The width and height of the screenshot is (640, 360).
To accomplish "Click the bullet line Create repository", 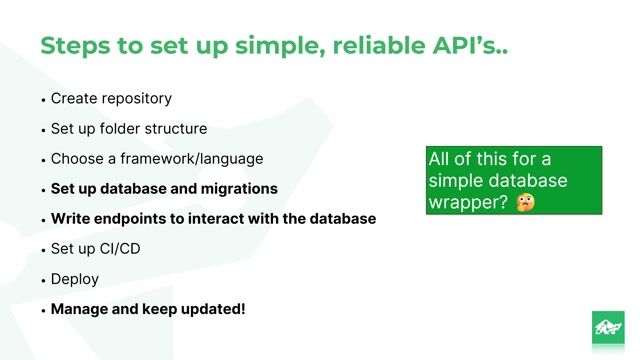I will [111, 99].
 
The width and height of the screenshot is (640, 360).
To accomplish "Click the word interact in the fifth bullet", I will [212, 219].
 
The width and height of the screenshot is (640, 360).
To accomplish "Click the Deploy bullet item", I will [75, 279].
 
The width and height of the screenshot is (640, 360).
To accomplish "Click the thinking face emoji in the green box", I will [525, 203].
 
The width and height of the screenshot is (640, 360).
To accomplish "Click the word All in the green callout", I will [441, 160].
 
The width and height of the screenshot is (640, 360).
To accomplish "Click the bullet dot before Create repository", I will [44, 100].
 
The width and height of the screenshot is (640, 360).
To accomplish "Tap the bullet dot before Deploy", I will [44, 280].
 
